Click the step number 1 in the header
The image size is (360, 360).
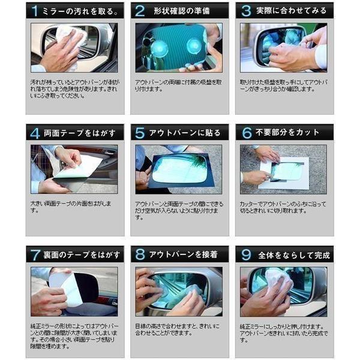[x=35, y=10]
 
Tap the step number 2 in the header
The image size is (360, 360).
[x=140, y=10]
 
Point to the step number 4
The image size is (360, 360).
[x=35, y=133]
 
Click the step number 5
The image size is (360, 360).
[x=140, y=133]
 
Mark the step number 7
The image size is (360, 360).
[x=35, y=254]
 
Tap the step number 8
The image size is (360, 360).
[x=140, y=254]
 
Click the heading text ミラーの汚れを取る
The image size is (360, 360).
[x=80, y=11]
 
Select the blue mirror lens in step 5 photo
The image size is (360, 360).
[x=180, y=168]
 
